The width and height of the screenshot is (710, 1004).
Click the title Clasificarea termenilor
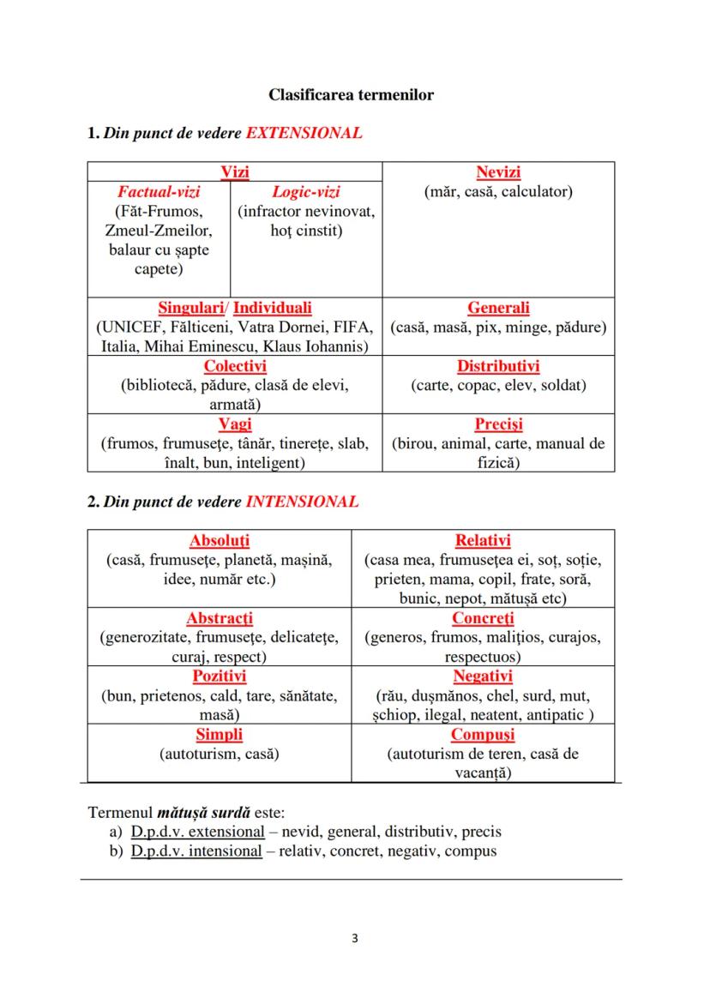(x=351, y=94)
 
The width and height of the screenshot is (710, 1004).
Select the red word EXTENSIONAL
(x=304, y=133)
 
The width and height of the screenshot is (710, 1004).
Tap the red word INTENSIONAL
(x=302, y=502)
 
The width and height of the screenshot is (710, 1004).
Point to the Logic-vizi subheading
(x=305, y=192)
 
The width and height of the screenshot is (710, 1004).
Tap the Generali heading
(x=498, y=308)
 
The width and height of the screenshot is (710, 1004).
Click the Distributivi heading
(x=498, y=367)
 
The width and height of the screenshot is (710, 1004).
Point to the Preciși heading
(x=498, y=424)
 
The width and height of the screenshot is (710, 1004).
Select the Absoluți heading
(x=219, y=541)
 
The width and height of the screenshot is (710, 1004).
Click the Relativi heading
(x=483, y=541)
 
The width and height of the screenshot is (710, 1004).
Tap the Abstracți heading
(x=219, y=618)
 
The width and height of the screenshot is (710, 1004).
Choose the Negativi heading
(x=483, y=676)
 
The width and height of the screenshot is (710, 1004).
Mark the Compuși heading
(x=483, y=735)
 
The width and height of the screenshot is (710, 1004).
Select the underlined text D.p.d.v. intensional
(x=196, y=851)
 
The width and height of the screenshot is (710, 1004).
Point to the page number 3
(x=354, y=938)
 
